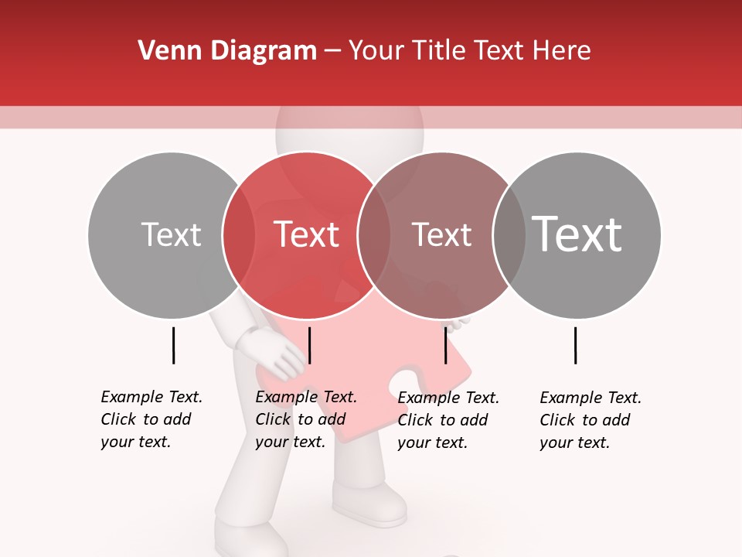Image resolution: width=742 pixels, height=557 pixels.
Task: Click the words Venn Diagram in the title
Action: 227,51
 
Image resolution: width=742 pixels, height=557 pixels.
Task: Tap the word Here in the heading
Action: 562,51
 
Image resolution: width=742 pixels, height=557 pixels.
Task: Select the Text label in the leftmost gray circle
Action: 171,234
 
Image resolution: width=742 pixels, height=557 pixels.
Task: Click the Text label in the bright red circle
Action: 306,234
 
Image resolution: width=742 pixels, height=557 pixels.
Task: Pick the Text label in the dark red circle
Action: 441,234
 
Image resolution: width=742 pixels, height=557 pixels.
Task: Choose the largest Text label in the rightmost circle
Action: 577,234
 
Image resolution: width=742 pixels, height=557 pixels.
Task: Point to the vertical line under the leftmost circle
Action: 173,345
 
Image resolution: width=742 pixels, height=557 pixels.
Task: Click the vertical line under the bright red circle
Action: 309,345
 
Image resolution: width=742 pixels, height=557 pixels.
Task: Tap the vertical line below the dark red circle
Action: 445,345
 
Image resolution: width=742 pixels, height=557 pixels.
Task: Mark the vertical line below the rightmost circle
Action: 575,345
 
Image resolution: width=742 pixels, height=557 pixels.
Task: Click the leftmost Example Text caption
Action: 151,419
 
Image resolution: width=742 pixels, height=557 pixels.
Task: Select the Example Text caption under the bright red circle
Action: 306,419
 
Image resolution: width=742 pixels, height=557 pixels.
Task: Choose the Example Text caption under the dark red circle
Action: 448,420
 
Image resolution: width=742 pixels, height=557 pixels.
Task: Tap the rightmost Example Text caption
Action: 591,420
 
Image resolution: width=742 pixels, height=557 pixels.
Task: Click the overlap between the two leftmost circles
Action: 239,234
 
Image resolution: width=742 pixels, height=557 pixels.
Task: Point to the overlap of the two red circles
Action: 374,234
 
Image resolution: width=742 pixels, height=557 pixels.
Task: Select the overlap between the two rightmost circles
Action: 509,234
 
